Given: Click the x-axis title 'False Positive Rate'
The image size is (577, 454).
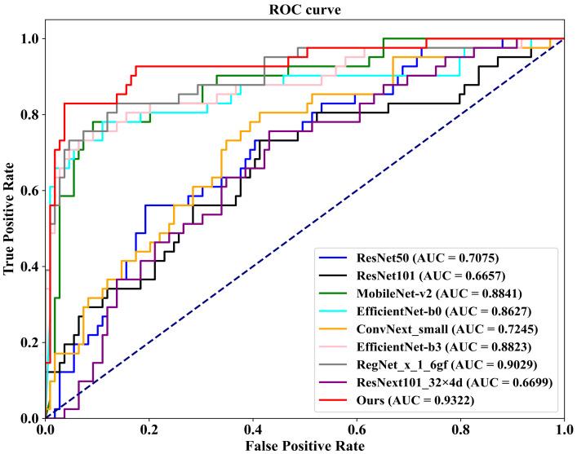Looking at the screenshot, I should pos(304,445).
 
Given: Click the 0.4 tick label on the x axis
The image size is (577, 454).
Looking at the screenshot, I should pos(252,430).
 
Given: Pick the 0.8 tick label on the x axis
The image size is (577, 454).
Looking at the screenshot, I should pos(460,430).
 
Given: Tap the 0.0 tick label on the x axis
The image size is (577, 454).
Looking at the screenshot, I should pos(45,430).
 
